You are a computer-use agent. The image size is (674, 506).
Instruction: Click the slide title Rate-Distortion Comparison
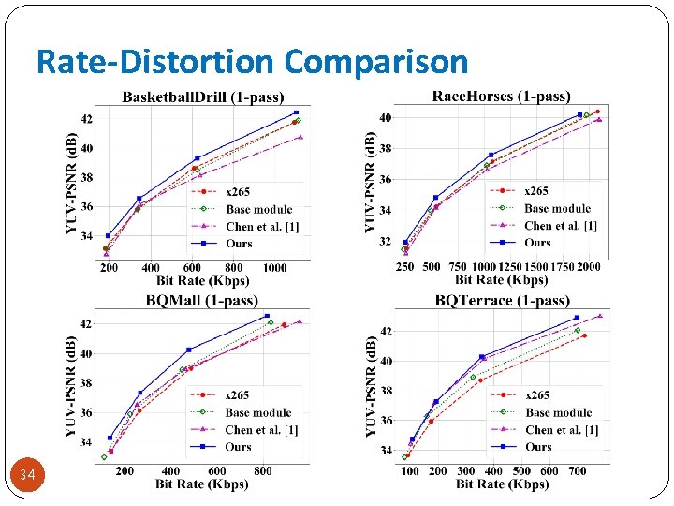pyautogui.click(x=252, y=61)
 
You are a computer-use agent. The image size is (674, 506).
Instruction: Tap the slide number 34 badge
pyautogui.click(x=27, y=476)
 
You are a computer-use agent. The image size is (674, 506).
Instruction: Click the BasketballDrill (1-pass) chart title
pyautogui.click(x=203, y=97)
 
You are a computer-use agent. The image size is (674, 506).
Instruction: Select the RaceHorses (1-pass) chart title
pyautogui.click(x=501, y=96)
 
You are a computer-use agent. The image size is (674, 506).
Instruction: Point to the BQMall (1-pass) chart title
pyautogui.click(x=201, y=301)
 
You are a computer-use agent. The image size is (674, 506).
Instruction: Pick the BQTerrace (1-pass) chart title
pyautogui.click(x=502, y=301)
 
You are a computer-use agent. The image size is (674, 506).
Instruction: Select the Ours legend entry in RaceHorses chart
pyautogui.click(x=537, y=243)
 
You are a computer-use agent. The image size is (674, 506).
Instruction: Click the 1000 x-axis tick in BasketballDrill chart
pyautogui.click(x=275, y=268)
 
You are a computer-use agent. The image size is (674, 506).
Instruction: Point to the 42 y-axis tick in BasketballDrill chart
pyautogui.click(x=86, y=119)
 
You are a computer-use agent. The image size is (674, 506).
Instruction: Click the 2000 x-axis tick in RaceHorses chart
pyautogui.click(x=588, y=267)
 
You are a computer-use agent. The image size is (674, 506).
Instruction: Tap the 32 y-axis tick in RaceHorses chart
pyautogui.click(x=385, y=241)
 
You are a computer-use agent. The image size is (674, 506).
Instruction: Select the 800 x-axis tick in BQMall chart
pyautogui.click(x=263, y=471)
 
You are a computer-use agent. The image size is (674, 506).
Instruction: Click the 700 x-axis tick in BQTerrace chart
pyautogui.click(x=578, y=471)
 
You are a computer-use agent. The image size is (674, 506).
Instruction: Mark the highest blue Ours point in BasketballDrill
pyautogui.click(x=296, y=112)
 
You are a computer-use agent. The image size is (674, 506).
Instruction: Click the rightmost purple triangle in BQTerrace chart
pyautogui.click(x=600, y=316)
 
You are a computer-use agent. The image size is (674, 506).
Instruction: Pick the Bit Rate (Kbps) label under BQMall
pyautogui.click(x=202, y=484)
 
